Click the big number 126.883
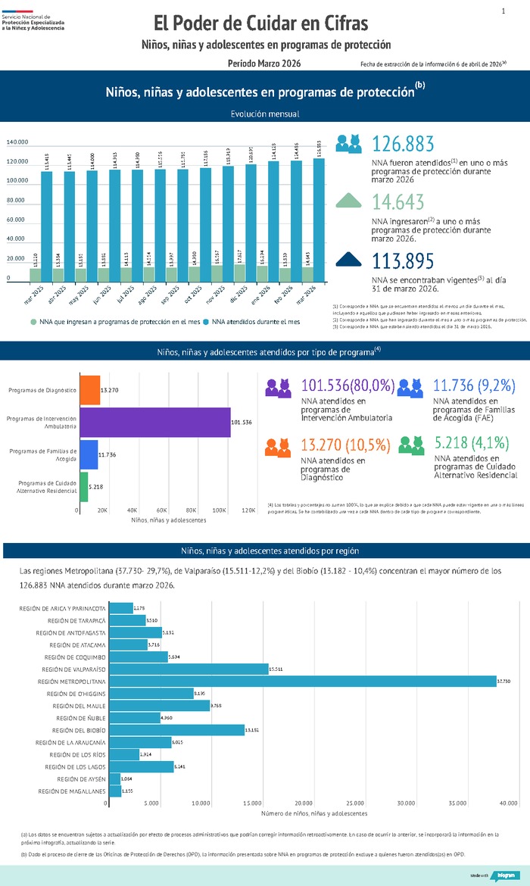click(404, 144)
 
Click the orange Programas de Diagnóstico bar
click(89, 390)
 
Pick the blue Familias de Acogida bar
click(89, 454)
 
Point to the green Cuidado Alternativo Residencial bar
click(84, 486)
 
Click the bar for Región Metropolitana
click(303, 682)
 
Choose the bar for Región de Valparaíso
click(189, 669)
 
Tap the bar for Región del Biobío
click(177, 730)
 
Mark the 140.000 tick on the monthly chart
click(17, 142)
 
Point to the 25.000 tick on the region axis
click(355, 803)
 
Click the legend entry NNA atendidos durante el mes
click(256, 322)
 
